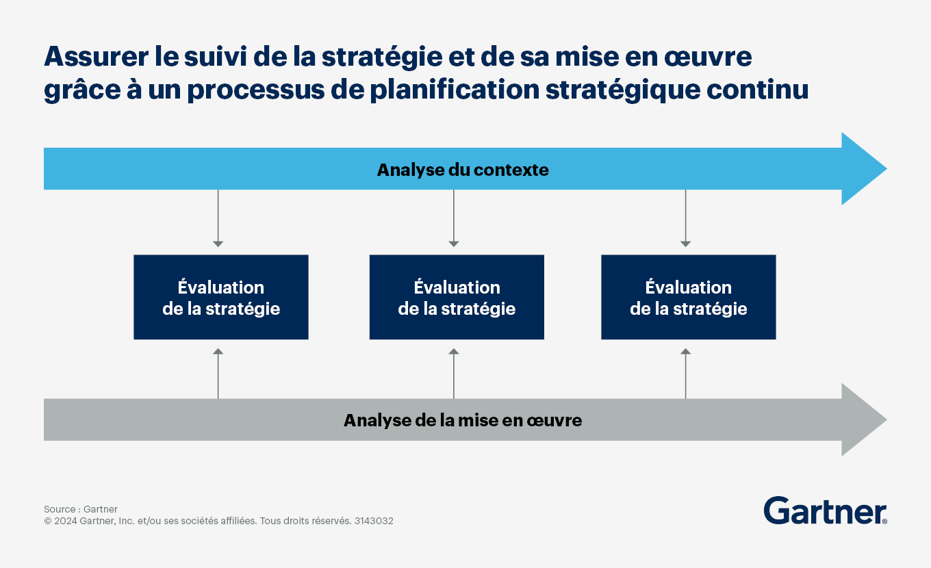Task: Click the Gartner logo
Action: [825, 511]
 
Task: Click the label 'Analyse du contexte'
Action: [463, 170]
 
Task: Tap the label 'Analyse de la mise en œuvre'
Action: [463, 420]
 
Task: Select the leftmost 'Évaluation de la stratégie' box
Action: [221, 297]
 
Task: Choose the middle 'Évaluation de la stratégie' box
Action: [457, 297]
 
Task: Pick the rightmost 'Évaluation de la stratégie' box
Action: [688, 297]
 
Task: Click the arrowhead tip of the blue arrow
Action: [887, 169]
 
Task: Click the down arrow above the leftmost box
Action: [218, 218]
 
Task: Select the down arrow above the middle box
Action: [454, 218]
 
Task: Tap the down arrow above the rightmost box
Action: [686, 218]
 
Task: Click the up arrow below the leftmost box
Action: [218, 374]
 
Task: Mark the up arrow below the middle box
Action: [454, 374]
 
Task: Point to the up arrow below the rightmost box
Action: [686, 374]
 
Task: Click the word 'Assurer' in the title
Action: [97, 57]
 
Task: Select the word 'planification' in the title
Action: [455, 90]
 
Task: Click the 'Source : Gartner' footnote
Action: [81, 509]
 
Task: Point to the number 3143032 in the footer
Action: [374, 521]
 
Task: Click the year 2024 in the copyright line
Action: [66, 521]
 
